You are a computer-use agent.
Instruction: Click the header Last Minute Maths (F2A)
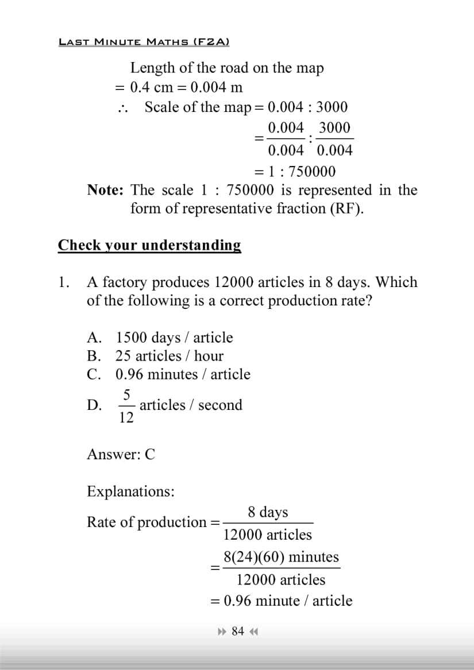[x=144, y=42]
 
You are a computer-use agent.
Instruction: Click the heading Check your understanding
[x=149, y=246]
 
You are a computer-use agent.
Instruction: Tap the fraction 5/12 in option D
[x=126, y=405]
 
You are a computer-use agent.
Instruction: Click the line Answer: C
[x=121, y=455]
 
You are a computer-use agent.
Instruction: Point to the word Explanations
[x=131, y=491]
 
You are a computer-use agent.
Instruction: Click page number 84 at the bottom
[x=238, y=632]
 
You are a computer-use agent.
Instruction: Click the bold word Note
[x=105, y=190]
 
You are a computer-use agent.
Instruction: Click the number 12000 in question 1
[x=233, y=282]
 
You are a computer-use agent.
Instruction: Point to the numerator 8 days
[x=268, y=512]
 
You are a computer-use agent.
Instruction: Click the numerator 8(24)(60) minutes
[x=281, y=557]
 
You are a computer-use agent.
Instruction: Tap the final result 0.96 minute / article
[x=288, y=601]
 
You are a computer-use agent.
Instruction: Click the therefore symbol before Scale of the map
[x=122, y=108]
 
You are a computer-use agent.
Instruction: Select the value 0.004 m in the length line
[x=216, y=88]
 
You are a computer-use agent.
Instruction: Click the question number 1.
[x=63, y=282]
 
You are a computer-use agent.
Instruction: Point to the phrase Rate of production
[x=146, y=522]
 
